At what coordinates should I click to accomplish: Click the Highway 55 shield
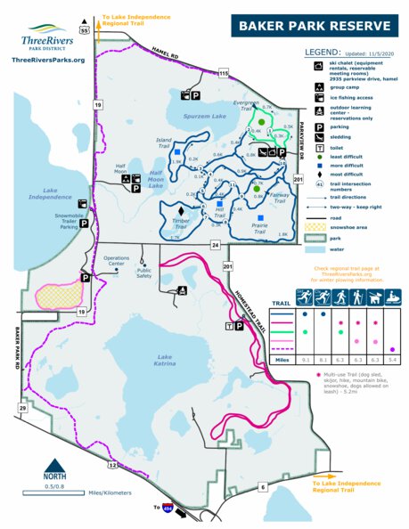point(85,29)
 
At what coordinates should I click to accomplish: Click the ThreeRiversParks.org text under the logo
point(49,60)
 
